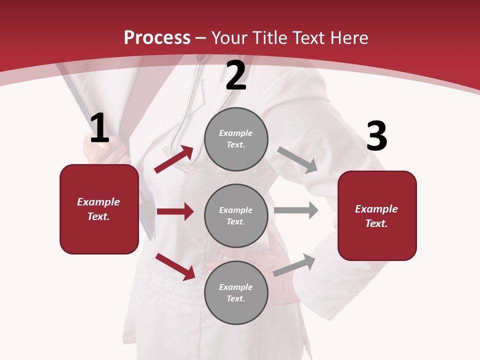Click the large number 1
99,128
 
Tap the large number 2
235,75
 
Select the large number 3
376,136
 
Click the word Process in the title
157,37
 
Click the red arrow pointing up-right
174,159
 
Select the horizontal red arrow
175,211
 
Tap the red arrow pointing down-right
175,266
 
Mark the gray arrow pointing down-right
297,160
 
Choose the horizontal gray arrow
296,210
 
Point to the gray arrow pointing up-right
294,265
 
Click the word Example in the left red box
98,202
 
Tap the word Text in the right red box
376,223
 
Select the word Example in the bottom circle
236,287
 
